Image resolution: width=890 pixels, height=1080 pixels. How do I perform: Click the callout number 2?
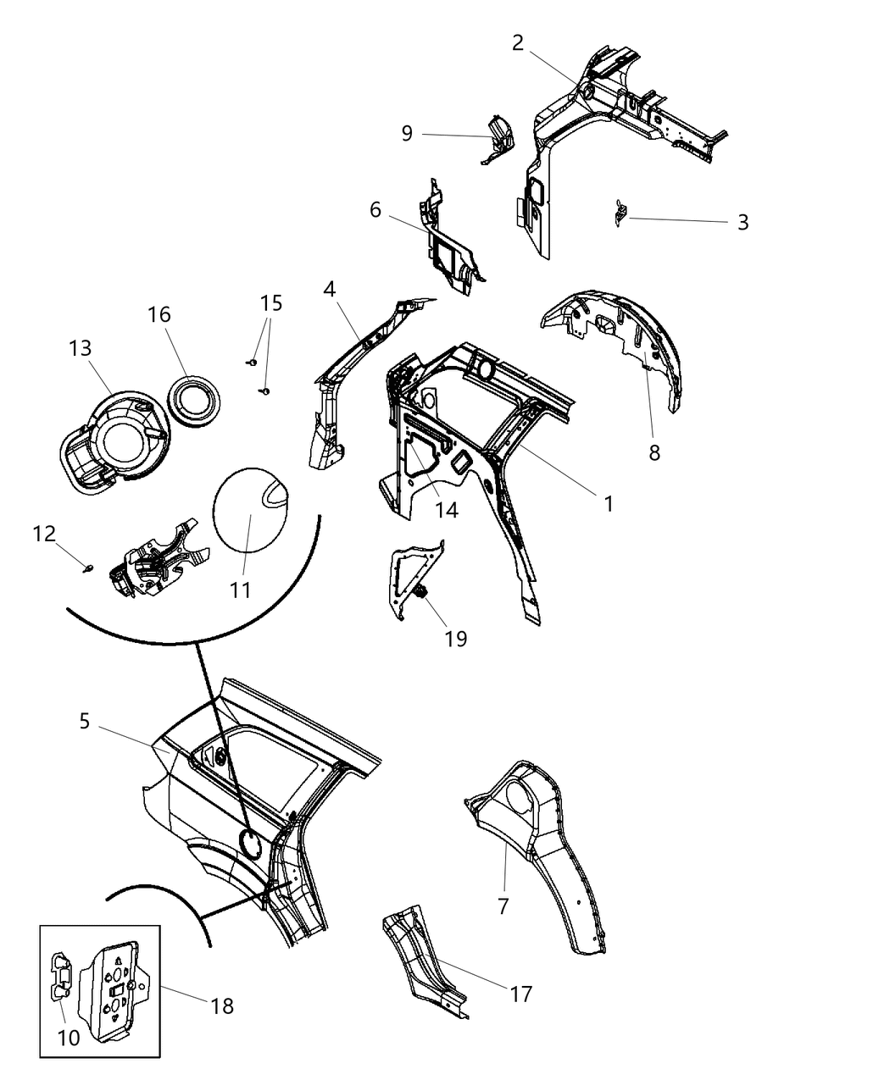[x=518, y=43]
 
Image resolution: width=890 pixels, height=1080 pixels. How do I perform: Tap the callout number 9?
[x=407, y=134]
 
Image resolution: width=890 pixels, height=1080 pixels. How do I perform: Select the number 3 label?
[x=743, y=222]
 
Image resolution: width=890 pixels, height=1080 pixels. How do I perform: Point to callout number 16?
[x=159, y=314]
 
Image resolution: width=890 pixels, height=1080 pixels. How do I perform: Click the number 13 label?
[x=81, y=348]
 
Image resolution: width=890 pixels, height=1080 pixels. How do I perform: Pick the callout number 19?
[x=456, y=638]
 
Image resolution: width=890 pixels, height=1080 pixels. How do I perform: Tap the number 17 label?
[x=520, y=993]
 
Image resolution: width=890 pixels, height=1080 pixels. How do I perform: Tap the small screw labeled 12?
[x=88, y=567]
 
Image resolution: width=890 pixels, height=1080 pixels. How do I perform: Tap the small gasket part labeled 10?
[x=62, y=989]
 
